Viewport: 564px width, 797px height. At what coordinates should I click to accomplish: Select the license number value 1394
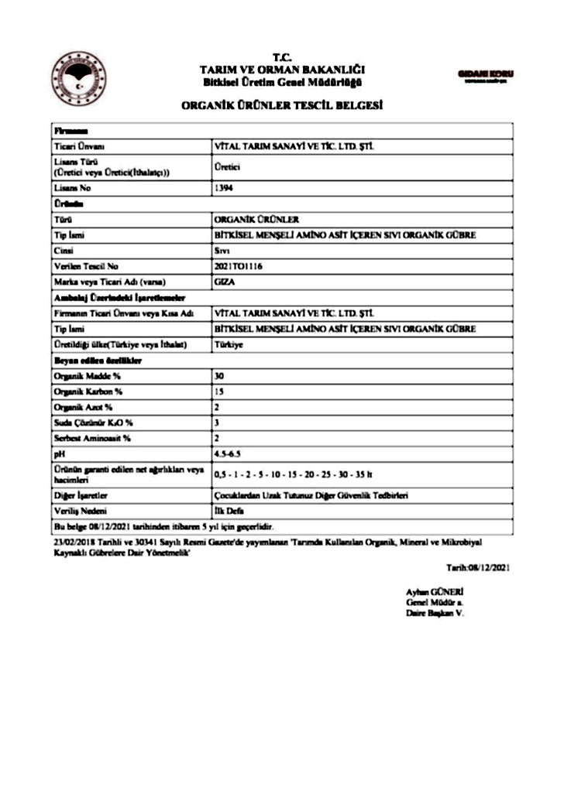223,188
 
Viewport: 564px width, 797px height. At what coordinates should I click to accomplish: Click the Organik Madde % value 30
218,375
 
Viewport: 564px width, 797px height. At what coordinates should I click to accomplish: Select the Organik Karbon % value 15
218,392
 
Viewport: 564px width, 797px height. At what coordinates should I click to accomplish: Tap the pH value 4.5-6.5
227,454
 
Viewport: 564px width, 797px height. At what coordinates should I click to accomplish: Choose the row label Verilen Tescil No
86,265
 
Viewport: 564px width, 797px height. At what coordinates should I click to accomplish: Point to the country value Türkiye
229,344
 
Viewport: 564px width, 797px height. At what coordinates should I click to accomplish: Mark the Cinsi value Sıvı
222,250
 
